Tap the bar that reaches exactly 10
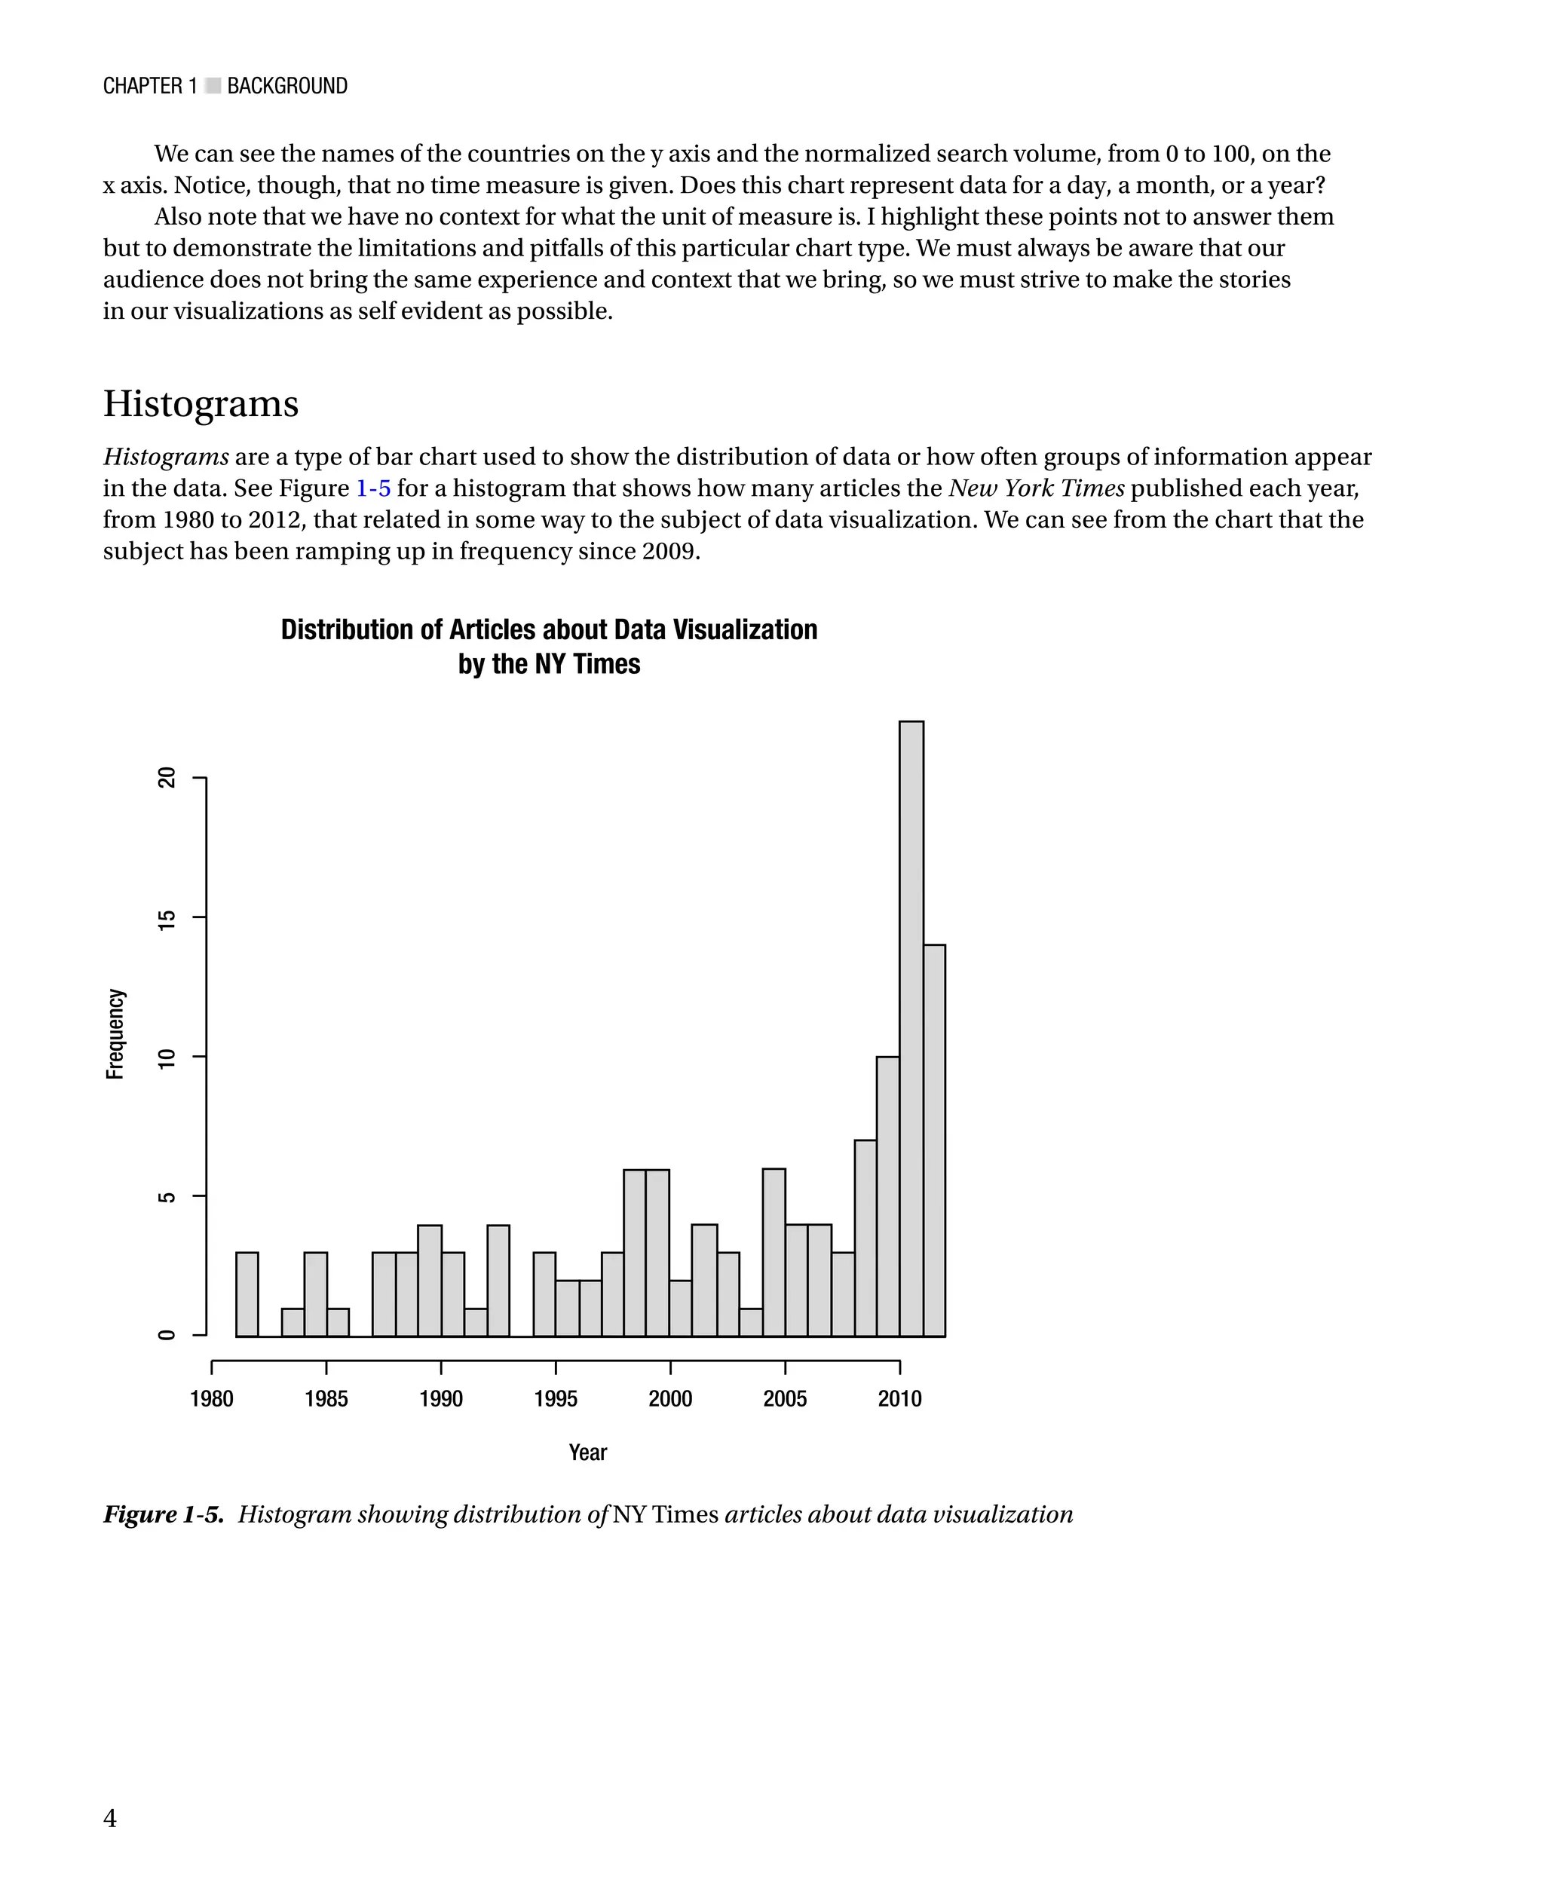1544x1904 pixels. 887,1196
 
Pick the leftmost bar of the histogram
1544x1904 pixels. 247,1294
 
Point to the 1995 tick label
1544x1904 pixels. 555,1399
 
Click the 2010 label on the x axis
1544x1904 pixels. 899,1399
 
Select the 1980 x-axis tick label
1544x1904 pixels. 212,1399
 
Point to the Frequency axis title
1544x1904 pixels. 115,1033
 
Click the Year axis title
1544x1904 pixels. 587,1452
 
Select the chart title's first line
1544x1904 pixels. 549,629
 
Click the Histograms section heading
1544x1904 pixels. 201,404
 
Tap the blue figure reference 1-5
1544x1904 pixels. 372,488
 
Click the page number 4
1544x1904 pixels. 109,1818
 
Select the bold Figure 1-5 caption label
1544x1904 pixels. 164,1514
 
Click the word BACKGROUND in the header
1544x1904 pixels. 287,86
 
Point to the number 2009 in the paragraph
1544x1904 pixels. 668,551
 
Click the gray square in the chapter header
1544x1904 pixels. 213,86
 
